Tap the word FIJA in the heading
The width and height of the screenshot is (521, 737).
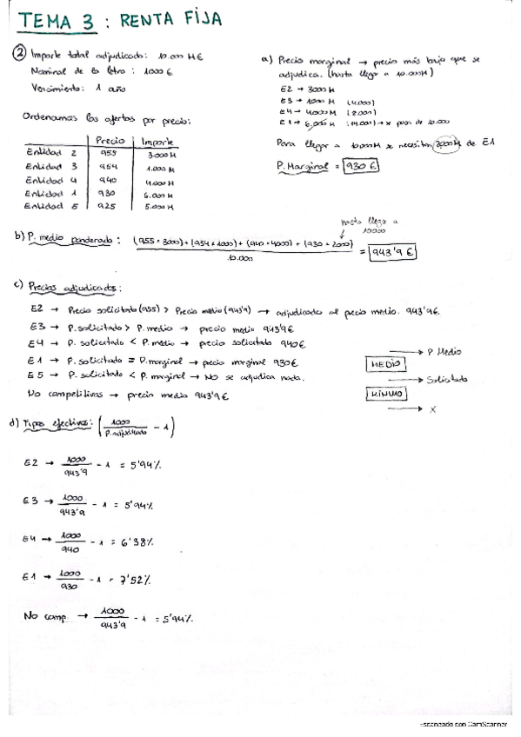[196, 18]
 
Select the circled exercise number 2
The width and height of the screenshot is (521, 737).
[20, 54]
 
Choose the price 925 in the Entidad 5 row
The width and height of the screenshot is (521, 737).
[109, 206]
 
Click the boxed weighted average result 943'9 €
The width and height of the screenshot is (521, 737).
[392, 252]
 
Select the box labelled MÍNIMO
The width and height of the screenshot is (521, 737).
[384, 394]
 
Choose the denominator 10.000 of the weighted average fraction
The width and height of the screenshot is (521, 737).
[240, 258]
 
